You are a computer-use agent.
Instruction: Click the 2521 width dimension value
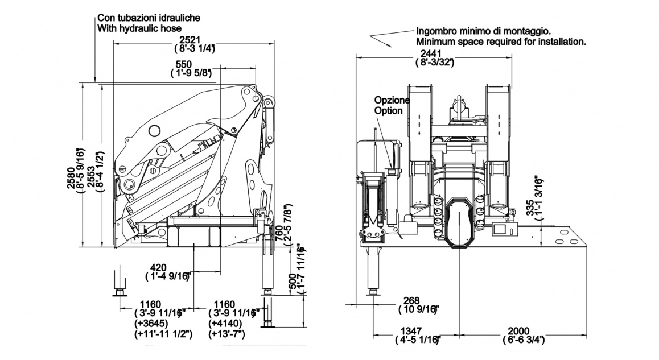pyautogui.click(x=189, y=40)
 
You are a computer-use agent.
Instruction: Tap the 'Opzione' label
pyautogui.click(x=392, y=101)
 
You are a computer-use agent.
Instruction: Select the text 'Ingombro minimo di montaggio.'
pyautogui.click(x=483, y=31)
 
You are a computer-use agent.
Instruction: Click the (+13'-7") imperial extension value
pyautogui.click(x=227, y=334)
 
